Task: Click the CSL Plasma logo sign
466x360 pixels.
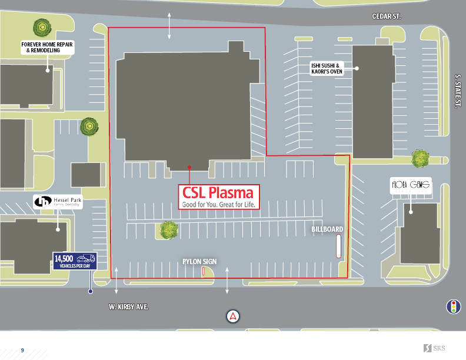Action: point(218,196)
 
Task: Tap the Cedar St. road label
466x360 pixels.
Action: point(387,16)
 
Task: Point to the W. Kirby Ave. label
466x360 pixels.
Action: point(128,307)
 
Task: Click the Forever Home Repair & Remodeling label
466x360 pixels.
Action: point(48,48)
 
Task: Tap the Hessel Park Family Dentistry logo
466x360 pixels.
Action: point(57,202)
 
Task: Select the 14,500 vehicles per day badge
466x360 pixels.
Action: point(74,261)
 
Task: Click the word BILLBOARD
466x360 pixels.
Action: point(328,229)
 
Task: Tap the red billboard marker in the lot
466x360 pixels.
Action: point(338,246)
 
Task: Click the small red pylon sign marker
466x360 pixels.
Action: point(204,271)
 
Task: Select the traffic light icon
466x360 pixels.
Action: point(452,306)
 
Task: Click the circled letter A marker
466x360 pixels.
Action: point(234,316)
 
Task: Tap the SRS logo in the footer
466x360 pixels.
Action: point(434,348)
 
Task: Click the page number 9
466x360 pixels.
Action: point(22,350)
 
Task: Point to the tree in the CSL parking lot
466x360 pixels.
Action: point(169,229)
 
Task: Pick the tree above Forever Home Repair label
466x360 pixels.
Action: point(41,27)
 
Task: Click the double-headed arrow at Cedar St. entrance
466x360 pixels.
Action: point(169,25)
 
